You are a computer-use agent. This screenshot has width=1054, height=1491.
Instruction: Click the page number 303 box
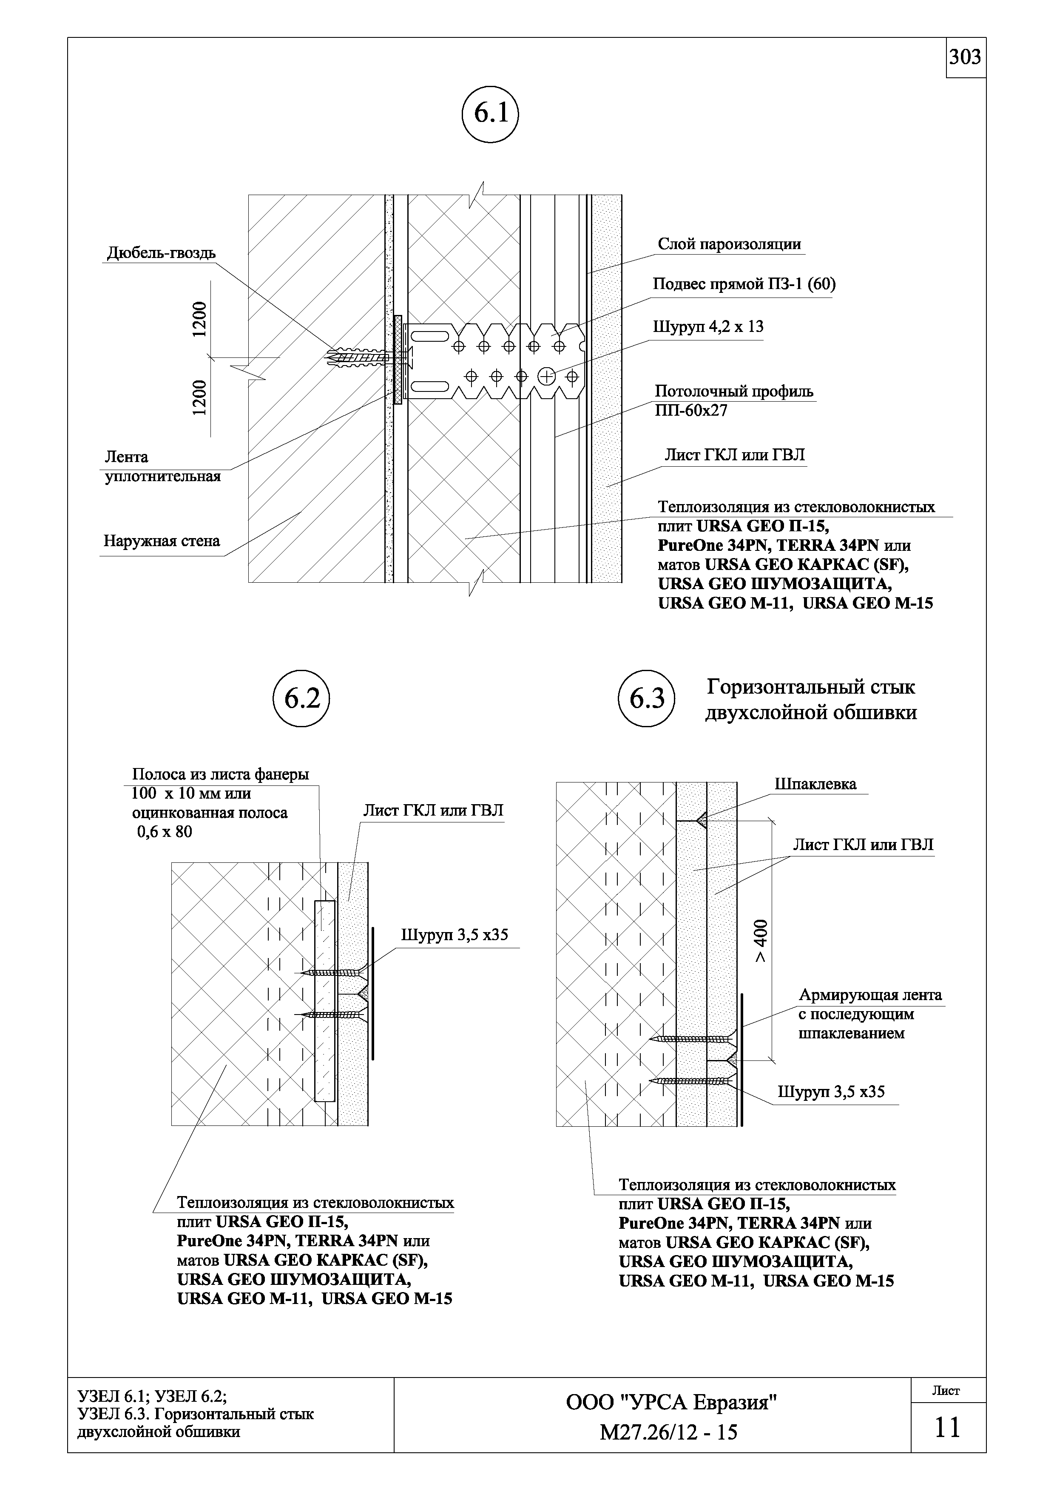[x=965, y=58]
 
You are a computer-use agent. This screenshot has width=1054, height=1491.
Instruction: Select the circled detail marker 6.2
[x=301, y=699]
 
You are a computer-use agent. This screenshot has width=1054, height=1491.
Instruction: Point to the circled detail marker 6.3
[x=647, y=699]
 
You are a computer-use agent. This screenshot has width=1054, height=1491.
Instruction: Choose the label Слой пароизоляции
[x=729, y=244]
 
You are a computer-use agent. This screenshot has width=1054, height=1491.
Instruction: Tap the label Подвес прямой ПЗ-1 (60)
[x=744, y=284]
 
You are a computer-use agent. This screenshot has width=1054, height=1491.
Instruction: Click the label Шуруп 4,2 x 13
[x=708, y=327]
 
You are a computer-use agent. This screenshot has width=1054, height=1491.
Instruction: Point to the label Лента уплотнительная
[x=162, y=467]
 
